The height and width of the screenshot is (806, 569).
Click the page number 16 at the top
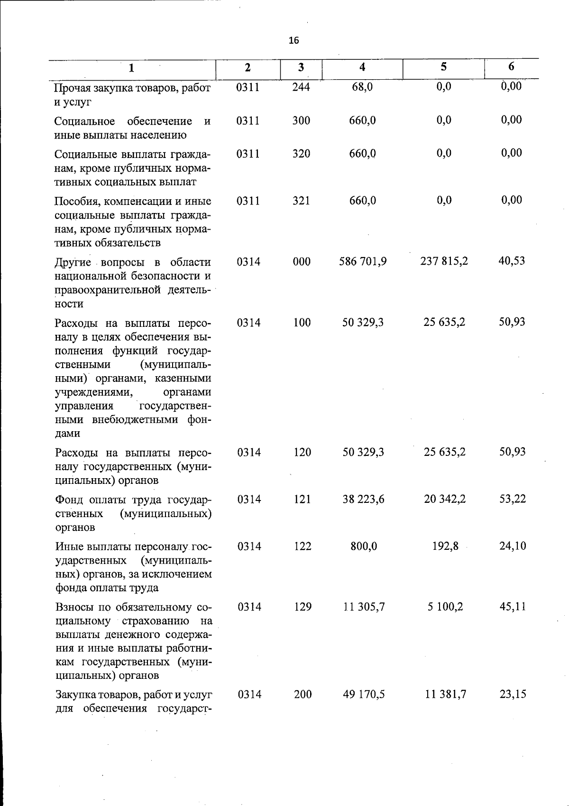click(x=294, y=41)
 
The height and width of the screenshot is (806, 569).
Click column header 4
click(x=362, y=67)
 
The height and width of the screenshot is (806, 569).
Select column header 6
click(x=511, y=67)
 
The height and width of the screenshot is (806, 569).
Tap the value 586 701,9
click(x=363, y=261)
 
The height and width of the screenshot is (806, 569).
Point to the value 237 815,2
click(x=444, y=261)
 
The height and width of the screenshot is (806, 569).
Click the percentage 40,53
click(x=512, y=261)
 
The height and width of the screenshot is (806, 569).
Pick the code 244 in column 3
click(x=301, y=87)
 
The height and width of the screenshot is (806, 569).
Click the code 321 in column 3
click(x=301, y=201)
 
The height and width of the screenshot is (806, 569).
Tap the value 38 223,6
click(x=363, y=499)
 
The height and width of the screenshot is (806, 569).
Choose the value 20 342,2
click(x=445, y=499)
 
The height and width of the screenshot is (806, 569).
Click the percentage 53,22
click(x=512, y=499)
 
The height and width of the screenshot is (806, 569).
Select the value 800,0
click(x=364, y=547)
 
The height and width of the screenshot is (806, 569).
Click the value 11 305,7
click(x=364, y=607)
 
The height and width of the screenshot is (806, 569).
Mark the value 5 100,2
click(x=445, y=607)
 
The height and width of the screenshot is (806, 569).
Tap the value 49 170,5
click(x=364, y=695)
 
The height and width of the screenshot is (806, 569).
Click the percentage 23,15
click(x=513, y=694)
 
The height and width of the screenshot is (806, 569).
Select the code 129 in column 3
click(x=303, y=607)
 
